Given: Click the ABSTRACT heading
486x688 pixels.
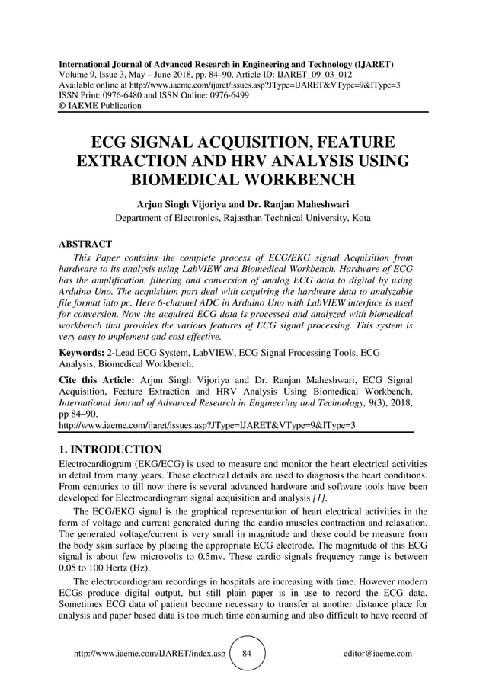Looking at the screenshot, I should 85,245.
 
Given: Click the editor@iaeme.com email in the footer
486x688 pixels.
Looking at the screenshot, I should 378,654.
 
